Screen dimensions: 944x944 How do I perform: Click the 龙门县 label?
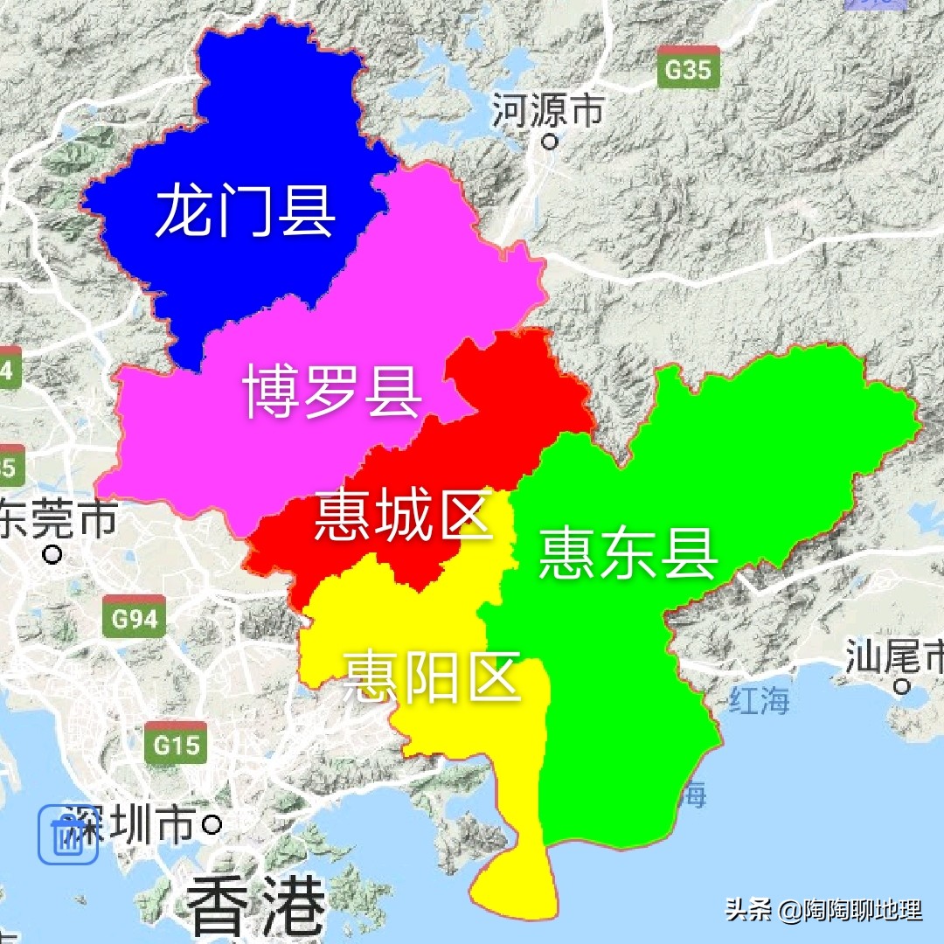pyautogui.click(x=245, y=211)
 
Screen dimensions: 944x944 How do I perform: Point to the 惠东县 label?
pyautogui.click(x=628, y=552)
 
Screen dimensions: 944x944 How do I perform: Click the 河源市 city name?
pyautogui.click(x=548, y=110)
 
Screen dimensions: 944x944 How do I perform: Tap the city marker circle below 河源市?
pyautogui.click(x=550, y=140)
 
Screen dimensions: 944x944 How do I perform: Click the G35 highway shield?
pyautogui.click(x=688, y=67)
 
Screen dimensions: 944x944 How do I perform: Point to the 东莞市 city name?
pyautogui.click(x=58, y=519)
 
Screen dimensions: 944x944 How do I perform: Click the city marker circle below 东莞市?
pyautogui.click(x=54, y=554)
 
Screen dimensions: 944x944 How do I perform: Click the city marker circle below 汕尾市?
pyautogui.click(x=903, y=686)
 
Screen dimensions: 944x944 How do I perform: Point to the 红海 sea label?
pyautogui.click(x=759, y=700)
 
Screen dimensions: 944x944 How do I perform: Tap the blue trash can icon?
pyautogui.click(x=67, y=836)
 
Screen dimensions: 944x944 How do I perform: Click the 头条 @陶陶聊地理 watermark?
pyautogui.click(x=823, y=910)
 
